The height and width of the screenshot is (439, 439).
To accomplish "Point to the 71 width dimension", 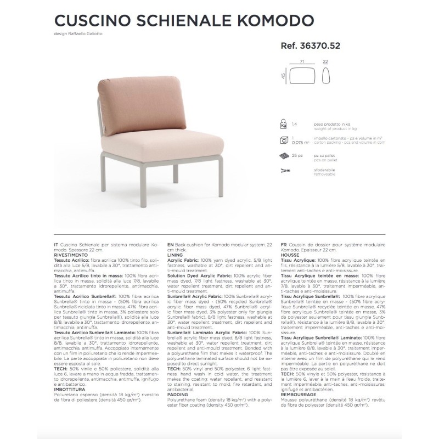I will (x=302, y=63).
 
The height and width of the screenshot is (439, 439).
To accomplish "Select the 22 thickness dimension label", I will (x=325, y=63).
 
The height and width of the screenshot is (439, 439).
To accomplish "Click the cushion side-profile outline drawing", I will (x=325, y=75).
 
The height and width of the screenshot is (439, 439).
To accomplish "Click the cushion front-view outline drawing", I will (x=302, y=75).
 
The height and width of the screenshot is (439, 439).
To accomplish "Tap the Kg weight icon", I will (x=283, y=125).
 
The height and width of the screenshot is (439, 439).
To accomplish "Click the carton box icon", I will (x=283, y=141).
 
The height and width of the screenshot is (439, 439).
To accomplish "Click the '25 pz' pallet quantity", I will (x=297, y=156).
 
